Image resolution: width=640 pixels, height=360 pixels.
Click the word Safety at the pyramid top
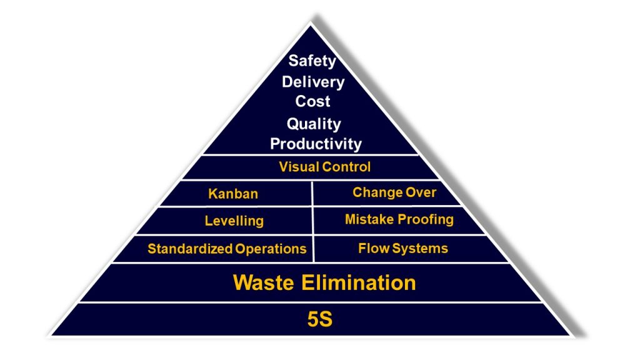point(312,61)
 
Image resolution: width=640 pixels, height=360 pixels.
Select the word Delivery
point(312,81)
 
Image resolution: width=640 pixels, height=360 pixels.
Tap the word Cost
point(312,101)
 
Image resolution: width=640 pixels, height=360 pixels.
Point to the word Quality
point(314,124)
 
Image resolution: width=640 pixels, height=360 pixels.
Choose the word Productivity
point(316,144)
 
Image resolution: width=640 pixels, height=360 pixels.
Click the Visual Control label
point(324,167)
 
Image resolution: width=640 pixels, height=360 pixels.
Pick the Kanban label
point(232,194)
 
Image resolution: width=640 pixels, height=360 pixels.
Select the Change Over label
point(394,192)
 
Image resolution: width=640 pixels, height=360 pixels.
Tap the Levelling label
point(234,221)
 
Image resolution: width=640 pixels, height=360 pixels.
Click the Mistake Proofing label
point(399,219)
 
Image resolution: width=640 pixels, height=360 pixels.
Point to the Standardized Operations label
point(227,249)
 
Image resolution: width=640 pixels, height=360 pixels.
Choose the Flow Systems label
point(402,248)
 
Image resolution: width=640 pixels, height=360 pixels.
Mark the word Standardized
point(190,249)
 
